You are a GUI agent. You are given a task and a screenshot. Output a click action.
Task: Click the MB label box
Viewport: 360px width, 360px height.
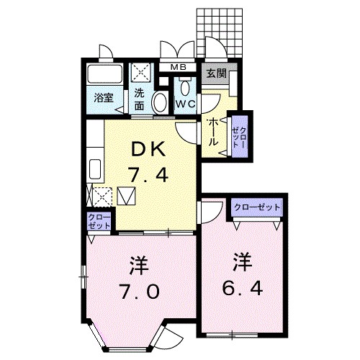pyautogui.click(x=179, y=68)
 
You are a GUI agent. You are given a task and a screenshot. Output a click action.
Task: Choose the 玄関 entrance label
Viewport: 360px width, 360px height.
pyautogui.click(x=215, y=73)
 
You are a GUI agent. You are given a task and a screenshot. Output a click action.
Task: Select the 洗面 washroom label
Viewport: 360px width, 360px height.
pyautogui.click(x=140, y=98)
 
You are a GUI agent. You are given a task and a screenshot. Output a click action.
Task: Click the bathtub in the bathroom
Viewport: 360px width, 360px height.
pyautogui.click(x=104, y=76)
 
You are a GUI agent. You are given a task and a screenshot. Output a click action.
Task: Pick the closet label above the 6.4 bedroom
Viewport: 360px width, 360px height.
pyautogui.click(x=256, y=207)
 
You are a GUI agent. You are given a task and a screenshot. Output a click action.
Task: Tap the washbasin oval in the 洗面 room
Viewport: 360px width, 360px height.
pyautogui.click(x=161, y=102)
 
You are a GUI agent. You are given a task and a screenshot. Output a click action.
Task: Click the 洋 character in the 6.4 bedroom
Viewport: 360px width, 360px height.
pyautogui.click(x=241, y=261)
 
